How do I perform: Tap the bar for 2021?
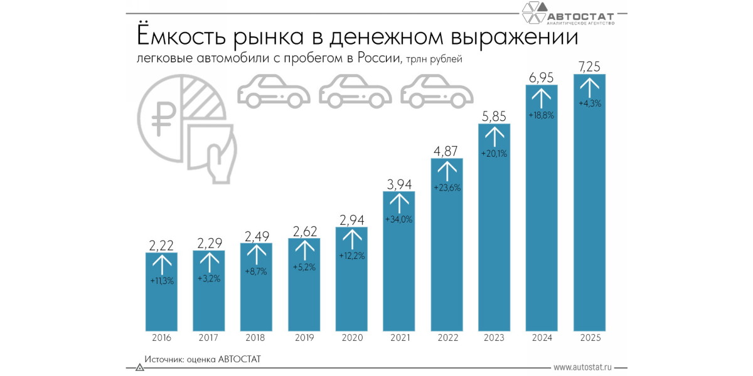coord(399,269)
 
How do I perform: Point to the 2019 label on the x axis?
coord(304,338)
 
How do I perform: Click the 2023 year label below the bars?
coord(494,338)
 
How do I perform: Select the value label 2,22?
coord(162,244)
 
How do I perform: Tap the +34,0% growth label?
coord(399,219)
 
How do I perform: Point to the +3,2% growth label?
coord(209,278)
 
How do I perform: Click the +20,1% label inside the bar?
coord(494,154)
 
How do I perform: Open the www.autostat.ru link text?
coord(582,367)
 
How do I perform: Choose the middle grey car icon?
coord(356,91)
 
